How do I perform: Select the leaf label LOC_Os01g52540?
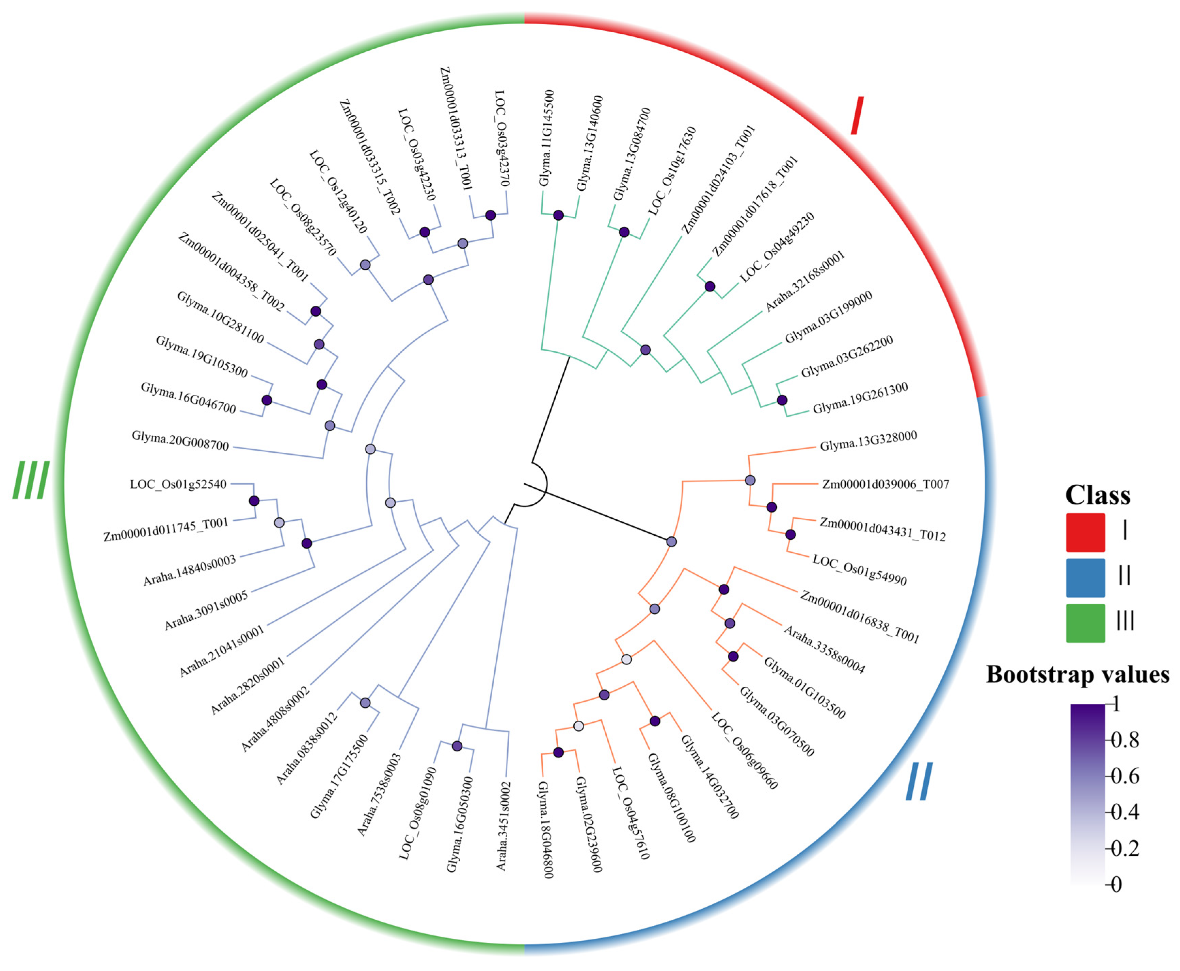tap(178, 484)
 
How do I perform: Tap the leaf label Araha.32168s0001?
tap(804, 281)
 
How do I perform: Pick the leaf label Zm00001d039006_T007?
tap(886, 484)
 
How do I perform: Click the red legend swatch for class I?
tap(1085, 532)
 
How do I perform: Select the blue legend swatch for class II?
tap(1085, 577)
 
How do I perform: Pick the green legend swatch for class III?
tap(1085, 622)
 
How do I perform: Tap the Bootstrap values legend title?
tap(1078, 674)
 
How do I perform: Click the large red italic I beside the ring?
tap(857, 116)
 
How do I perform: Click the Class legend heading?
tap(1097, 495)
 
